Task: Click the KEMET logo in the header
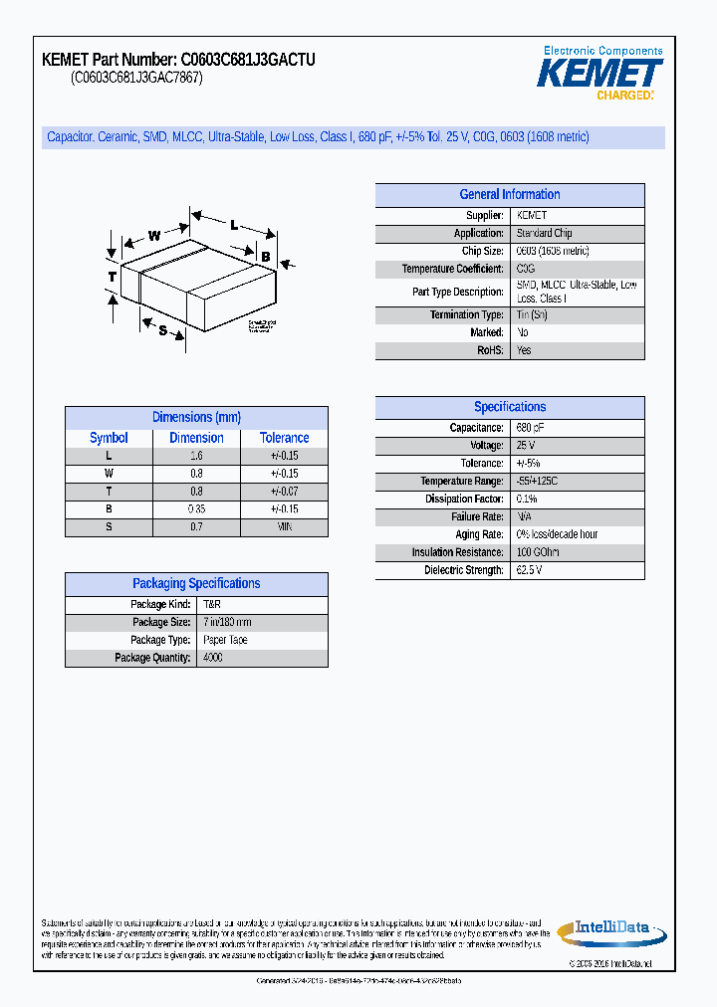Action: tap(600, 74)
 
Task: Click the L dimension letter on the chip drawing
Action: tap(234, 226)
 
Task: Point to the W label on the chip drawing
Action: tap(154, 236)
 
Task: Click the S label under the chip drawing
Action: tap(162, 330)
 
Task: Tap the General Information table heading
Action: tap(509, 195)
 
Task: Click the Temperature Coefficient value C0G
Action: tap(526, 269)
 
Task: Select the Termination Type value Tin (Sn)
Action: tap(533, 314)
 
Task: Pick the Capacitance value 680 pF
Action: tap(531, 427)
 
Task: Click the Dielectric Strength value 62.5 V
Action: tap(530, 570)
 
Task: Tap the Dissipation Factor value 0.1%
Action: tap(527, 499)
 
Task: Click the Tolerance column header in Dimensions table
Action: tap(284, 438)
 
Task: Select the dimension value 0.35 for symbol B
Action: tap(196, 508)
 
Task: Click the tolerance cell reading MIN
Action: tap(284, 526)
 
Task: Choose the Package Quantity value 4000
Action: tap(213, 658)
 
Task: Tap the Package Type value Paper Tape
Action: tap(225, 640)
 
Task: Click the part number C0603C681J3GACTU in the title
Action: tap(248, 60)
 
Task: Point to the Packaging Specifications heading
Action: tap(196, 584)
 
